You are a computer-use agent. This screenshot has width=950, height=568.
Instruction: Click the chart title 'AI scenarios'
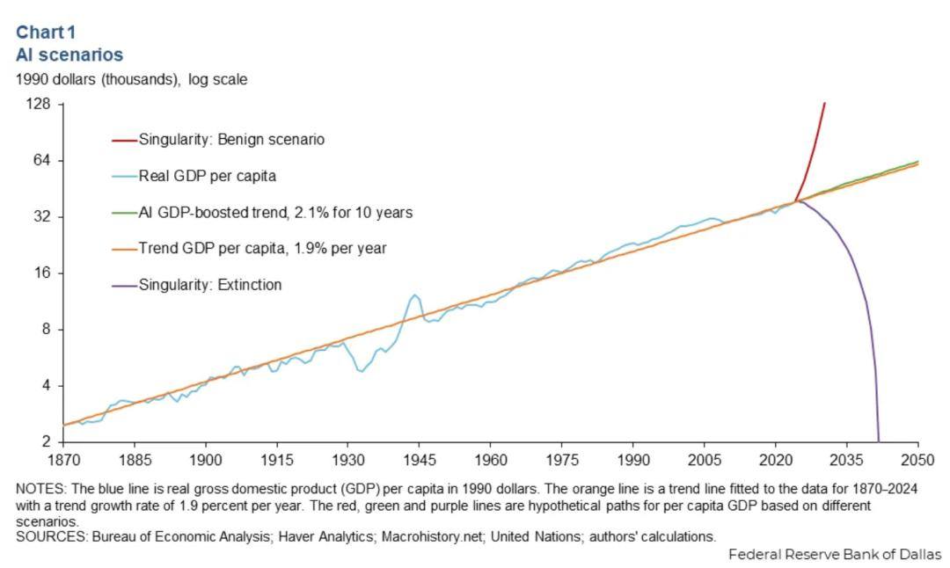pos(69,54)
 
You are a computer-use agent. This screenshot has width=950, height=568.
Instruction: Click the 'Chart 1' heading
pos(46,33)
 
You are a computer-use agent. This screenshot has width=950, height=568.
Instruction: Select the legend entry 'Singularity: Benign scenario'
pos(231,139)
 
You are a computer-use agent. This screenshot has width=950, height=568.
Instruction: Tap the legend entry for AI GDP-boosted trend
pos(275,212)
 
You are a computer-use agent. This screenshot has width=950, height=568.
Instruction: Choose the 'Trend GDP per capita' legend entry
pos(262,248)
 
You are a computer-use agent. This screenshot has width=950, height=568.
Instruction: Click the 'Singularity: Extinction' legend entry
pos(210,285)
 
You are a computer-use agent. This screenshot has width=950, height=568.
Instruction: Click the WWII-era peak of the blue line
pos(414,295)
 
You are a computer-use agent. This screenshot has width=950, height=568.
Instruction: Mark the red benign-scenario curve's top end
pos(824,104)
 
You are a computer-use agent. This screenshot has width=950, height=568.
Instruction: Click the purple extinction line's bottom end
pos(878,440)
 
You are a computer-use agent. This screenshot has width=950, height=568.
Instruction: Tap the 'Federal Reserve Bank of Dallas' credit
pos(835,555)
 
